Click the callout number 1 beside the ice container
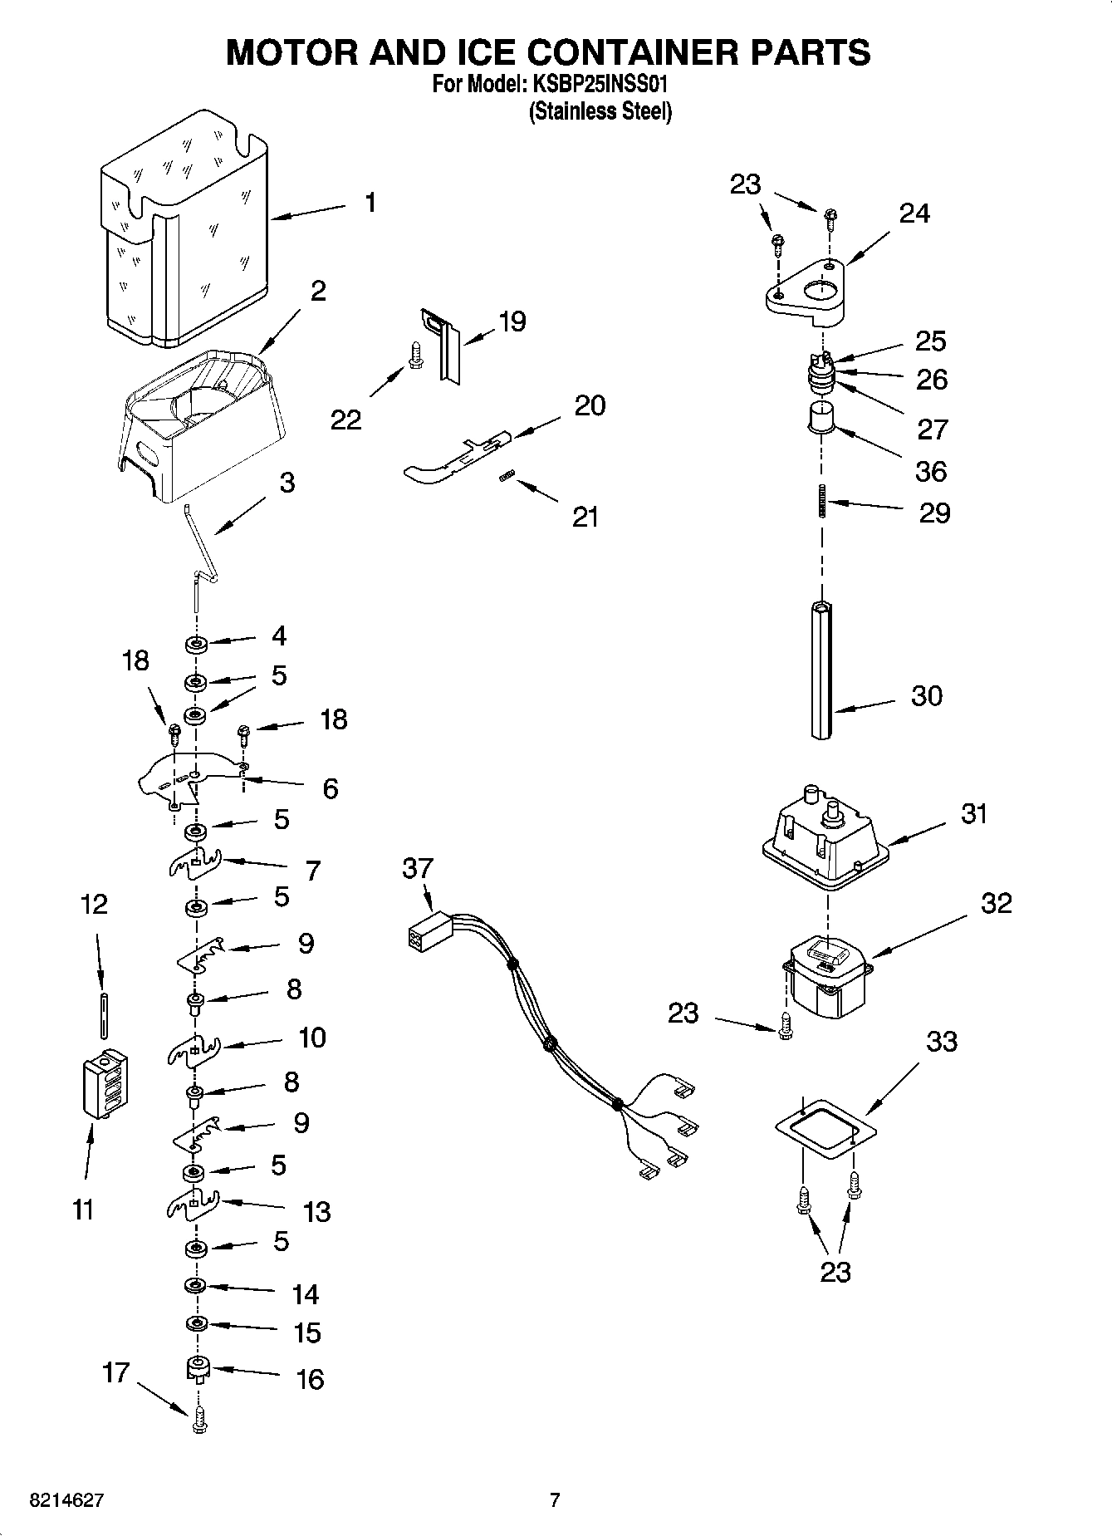370,203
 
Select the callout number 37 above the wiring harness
418,869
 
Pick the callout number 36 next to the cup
930,471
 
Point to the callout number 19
512,321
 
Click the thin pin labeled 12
102,1014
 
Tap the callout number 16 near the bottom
309,1380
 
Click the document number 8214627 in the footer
66,1500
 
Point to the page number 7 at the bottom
555,1500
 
